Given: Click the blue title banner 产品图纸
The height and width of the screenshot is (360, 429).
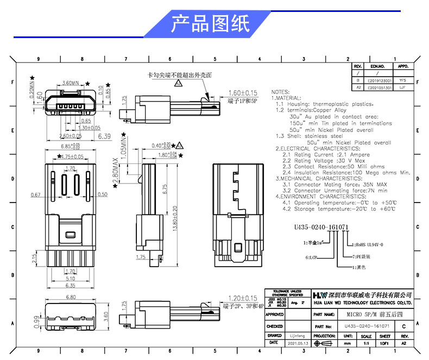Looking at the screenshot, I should (210, 24).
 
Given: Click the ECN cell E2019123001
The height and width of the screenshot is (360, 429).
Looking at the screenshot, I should (380, 80).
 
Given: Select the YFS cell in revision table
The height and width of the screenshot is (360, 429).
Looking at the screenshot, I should (403, 80).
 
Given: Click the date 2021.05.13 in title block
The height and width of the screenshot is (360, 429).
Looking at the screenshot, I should (298, 343).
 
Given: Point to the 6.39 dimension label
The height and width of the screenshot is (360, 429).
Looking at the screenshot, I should (104, 136).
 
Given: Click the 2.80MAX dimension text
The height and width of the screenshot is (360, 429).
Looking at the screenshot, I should (116, 172).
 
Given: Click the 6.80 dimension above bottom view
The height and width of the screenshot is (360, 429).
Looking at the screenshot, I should (71, 297).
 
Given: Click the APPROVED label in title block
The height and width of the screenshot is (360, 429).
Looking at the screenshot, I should (275, 314).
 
